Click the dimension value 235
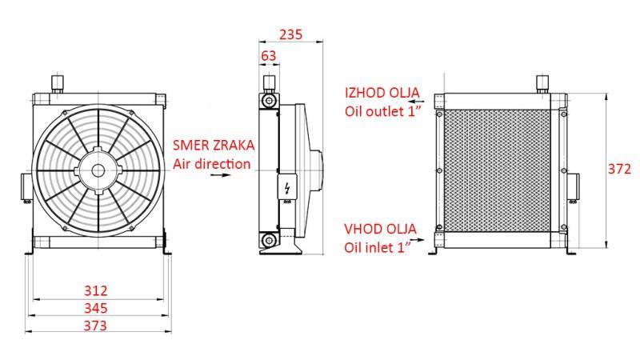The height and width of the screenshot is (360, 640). coord(290,34)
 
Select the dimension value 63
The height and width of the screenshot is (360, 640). coord(268,56)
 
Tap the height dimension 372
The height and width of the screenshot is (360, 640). coord(619,169)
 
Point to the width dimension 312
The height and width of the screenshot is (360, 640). coord(96,290)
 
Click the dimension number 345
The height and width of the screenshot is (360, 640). coord(96,308)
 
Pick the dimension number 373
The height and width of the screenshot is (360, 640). coord(95,326)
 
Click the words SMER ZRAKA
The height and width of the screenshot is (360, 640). coord(214,145)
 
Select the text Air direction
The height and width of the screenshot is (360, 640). coord(211,164)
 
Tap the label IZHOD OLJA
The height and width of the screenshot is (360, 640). coord(382,93)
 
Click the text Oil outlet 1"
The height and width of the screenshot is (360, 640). coord(383,111)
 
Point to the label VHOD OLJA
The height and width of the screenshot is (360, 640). coord(380,229)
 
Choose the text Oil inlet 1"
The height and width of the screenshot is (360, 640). coord(378,247)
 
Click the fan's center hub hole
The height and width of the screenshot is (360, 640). coord(98,170)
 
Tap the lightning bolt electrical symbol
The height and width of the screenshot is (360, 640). coord(288,188)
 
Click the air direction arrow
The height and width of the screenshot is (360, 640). coord(221,175)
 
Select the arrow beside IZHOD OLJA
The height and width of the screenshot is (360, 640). coord(416,101)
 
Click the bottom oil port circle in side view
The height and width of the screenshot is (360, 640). coord(269,239)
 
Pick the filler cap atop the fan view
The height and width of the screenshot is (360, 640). coord(57,83)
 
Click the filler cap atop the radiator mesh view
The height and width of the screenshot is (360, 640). coord(542,83)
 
